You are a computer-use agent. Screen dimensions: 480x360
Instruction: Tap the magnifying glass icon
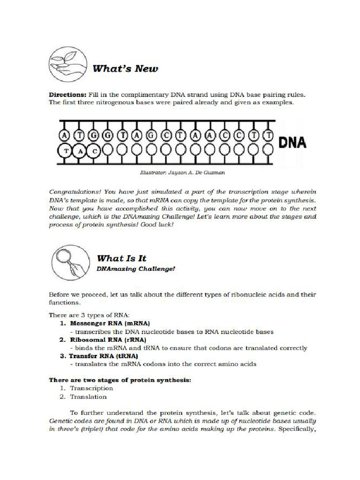(x=69, y=263)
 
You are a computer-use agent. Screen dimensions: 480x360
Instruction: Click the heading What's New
(x=125, y=69)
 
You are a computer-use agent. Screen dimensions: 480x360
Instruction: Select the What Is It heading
(x=121, y=258)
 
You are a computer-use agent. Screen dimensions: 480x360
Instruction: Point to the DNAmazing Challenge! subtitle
(x=135, y=269)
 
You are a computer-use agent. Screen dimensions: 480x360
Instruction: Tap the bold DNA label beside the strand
(x=292, y=142)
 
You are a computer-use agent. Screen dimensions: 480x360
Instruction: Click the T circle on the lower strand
(x=65, y=151)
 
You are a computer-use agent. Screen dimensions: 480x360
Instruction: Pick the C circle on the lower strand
(x=95, y=151)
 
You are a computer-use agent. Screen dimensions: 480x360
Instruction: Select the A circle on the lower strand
(x=80, y=151)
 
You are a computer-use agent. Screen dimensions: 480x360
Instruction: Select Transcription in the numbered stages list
(x=91, y=388)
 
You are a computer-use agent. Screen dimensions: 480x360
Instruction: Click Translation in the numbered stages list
(x=88, y=397)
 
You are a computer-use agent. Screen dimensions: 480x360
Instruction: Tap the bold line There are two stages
(x=120, y=380)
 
